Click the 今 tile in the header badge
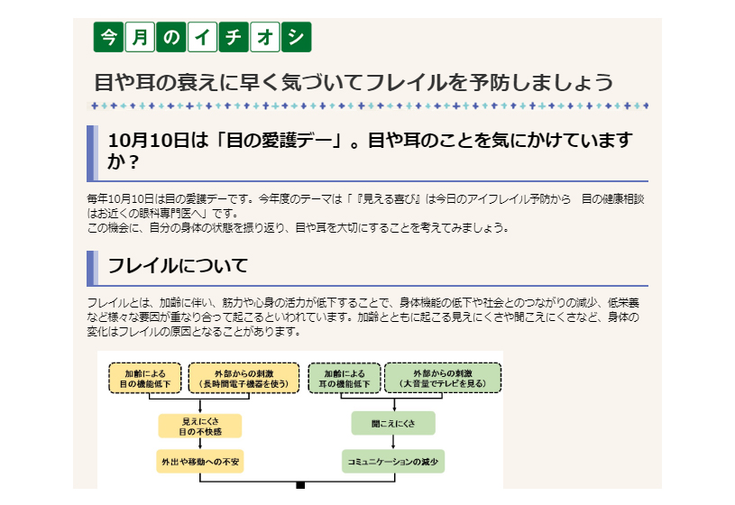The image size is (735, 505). (x=109, y=37)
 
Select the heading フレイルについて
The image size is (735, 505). (x=177, y=267)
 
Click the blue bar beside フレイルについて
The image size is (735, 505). (x=91, y=268)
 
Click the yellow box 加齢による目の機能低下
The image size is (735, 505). (x=145, y=378)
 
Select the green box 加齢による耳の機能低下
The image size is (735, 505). (x=345, y=378)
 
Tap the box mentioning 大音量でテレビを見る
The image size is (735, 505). (x=443, y=378)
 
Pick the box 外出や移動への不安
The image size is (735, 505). (x=200, y=462)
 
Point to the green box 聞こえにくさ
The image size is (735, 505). (x=393, y=422)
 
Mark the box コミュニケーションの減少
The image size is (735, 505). (x=393, y=462)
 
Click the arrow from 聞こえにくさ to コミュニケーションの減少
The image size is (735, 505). (x=393, y=442)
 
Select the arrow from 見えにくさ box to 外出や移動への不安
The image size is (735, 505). (x=200, y=444)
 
